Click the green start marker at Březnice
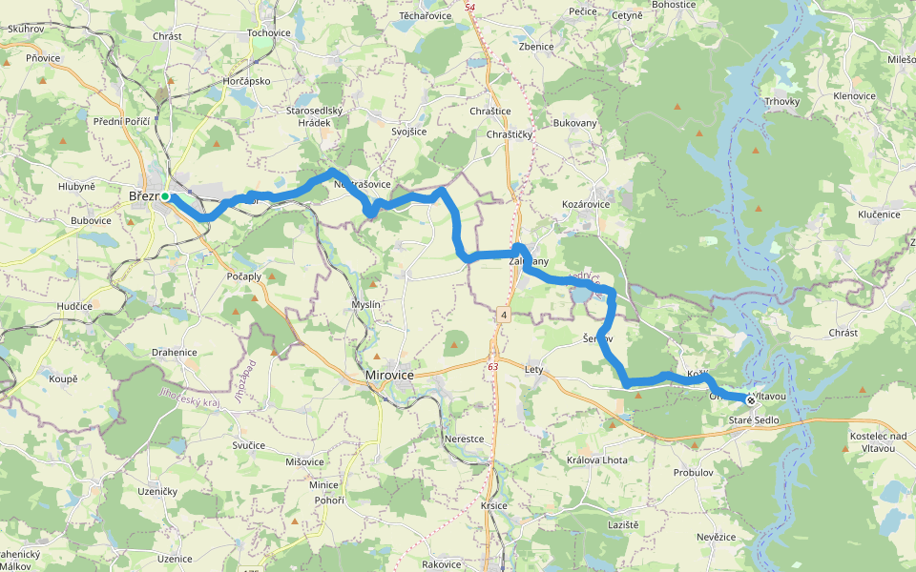165,196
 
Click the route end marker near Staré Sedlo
751,400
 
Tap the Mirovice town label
390,376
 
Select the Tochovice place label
268,32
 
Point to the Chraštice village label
490,111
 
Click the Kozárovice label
586,205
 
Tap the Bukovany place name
574,123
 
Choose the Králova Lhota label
597,460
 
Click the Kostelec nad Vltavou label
876,441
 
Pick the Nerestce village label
465,439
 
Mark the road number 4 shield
502,314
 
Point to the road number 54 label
469,8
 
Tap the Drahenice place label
174,353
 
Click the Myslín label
366,304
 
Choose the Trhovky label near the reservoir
781,101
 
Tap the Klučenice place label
879,214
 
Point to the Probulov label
694,472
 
